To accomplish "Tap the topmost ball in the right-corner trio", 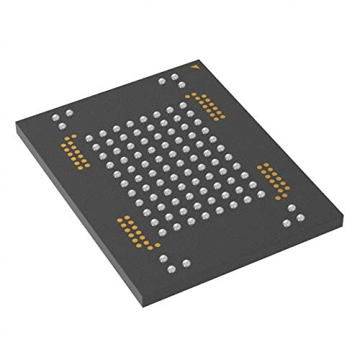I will pos(290,208).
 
